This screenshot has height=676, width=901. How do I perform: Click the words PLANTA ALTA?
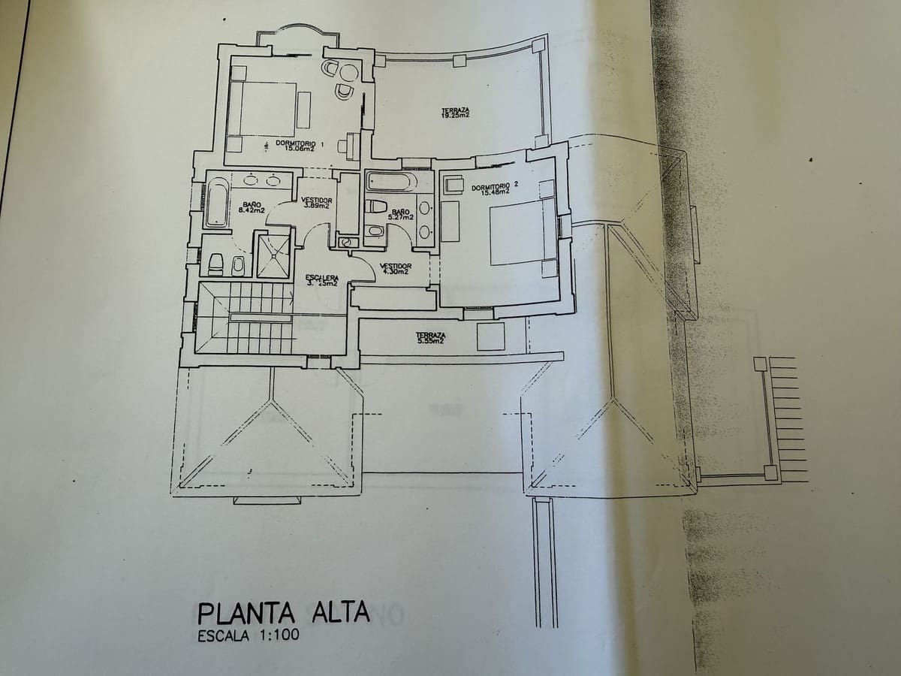click(284, 612)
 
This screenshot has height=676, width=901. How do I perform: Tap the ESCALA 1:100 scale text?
click(248, 636)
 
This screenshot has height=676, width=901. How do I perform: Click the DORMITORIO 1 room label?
click(299, 145)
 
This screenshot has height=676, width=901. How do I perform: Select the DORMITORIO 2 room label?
click(495, 187)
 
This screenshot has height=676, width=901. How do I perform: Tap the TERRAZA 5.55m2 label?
click(431, 338)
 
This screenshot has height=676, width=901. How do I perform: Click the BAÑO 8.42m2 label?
click(251, 207)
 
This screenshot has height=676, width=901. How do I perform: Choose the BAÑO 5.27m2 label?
click(400, 215)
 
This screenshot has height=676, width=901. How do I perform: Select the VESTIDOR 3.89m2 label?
click(316, 203)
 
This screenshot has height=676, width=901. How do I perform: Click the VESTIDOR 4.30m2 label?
click(395, 268)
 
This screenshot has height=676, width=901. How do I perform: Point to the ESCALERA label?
click(322, 280)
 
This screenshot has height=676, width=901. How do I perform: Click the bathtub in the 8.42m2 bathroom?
click(217, 201)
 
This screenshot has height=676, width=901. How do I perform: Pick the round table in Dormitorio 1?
click(348, 72)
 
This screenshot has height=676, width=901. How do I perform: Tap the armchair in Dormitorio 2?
click(454, 185)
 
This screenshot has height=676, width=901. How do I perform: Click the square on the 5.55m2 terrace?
click(490, 336)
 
